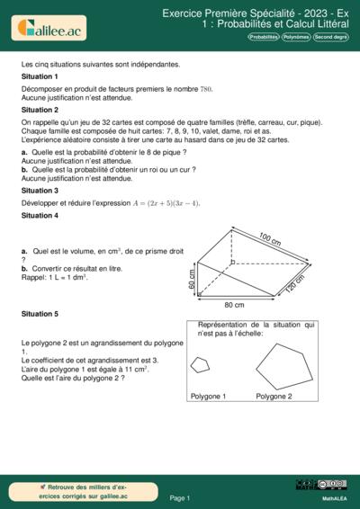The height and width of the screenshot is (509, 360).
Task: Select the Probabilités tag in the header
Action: [264, 37]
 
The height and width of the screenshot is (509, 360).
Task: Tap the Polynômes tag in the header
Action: [295, 37]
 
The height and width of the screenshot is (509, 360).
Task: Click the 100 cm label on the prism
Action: [270, 239]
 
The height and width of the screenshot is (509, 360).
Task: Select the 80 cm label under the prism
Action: [235, 305]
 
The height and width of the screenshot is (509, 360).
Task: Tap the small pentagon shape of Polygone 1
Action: [200, 364]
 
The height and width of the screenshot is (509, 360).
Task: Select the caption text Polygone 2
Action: [274, 396]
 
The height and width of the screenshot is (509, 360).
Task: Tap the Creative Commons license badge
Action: [308, 485]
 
